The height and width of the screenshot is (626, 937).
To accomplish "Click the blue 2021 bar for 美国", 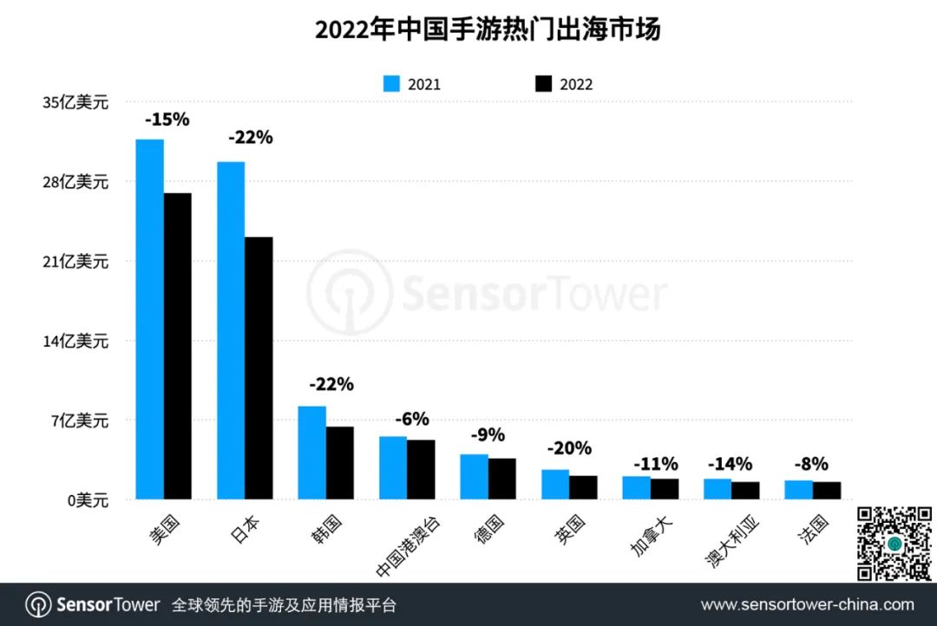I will [150, 319].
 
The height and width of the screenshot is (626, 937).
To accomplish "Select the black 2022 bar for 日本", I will [259, 368].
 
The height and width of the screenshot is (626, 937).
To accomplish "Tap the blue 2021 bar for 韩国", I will [312, 453].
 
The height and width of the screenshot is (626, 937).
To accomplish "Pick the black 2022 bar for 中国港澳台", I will [421, 469].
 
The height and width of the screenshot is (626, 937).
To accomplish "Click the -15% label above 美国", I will [167, 120].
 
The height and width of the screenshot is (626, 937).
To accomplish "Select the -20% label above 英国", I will [569, 448].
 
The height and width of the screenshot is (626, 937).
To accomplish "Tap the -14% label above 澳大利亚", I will [731, 464].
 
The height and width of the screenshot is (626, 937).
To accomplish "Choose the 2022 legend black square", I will [543, 84].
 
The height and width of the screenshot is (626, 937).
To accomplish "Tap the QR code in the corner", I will [895, 544].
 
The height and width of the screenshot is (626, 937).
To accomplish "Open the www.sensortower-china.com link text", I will [807, 604].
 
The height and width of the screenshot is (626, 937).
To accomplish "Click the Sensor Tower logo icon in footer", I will [37, 604].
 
